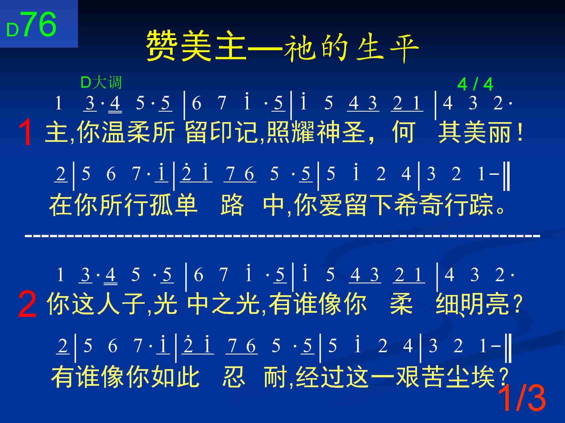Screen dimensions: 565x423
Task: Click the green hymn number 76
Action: click(39, 25)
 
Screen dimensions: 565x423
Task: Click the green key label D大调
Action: click(101, 83)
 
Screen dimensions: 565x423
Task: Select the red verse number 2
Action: click(27, 305)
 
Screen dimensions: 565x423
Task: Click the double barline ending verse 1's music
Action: click(507, 175)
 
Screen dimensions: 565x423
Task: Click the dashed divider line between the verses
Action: click(282, 235)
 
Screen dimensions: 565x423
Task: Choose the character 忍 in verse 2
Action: click(233, 377)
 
